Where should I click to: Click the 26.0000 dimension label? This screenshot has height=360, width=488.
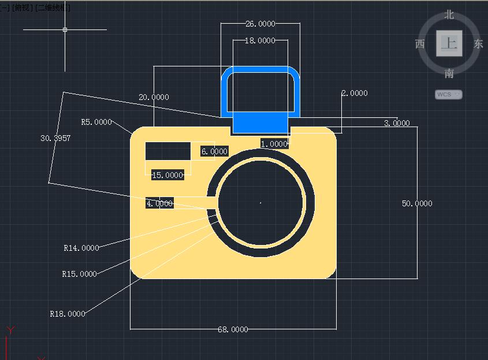(x=260, y=24)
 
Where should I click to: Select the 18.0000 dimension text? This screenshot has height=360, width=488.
(x=260, y=40)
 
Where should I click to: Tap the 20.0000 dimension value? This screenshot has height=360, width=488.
(x=154, y=97)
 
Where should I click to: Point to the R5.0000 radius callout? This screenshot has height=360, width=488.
(x=96, y=122)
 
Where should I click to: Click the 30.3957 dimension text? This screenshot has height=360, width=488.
(x=55, y=138)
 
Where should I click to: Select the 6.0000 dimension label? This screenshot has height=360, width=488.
(x=214, y=151)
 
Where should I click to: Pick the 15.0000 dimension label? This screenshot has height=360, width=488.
(x=167, y=175)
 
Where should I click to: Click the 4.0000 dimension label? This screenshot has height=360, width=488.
(x=159, y=203)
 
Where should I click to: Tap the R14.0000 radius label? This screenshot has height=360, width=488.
(x=81, y=248)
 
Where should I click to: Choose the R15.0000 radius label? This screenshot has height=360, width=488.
(x=80, y=274)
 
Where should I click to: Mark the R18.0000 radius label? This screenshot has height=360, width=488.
(x=68, y=314)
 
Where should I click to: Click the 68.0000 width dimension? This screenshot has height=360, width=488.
(x=233, y=329)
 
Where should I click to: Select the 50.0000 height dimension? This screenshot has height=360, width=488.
(x=417, y=203)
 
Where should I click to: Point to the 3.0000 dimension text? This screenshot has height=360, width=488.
(x=397, y=123)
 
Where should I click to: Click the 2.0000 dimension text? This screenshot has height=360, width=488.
(x=355, y=93)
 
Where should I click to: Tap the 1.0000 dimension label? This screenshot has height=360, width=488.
(x=274, y=143)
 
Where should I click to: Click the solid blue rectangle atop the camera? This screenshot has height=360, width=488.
(x=260, y=122)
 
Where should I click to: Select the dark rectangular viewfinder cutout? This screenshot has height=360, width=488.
(x=167, y=150)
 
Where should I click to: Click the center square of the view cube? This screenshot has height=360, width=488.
(x=449, y=43)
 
